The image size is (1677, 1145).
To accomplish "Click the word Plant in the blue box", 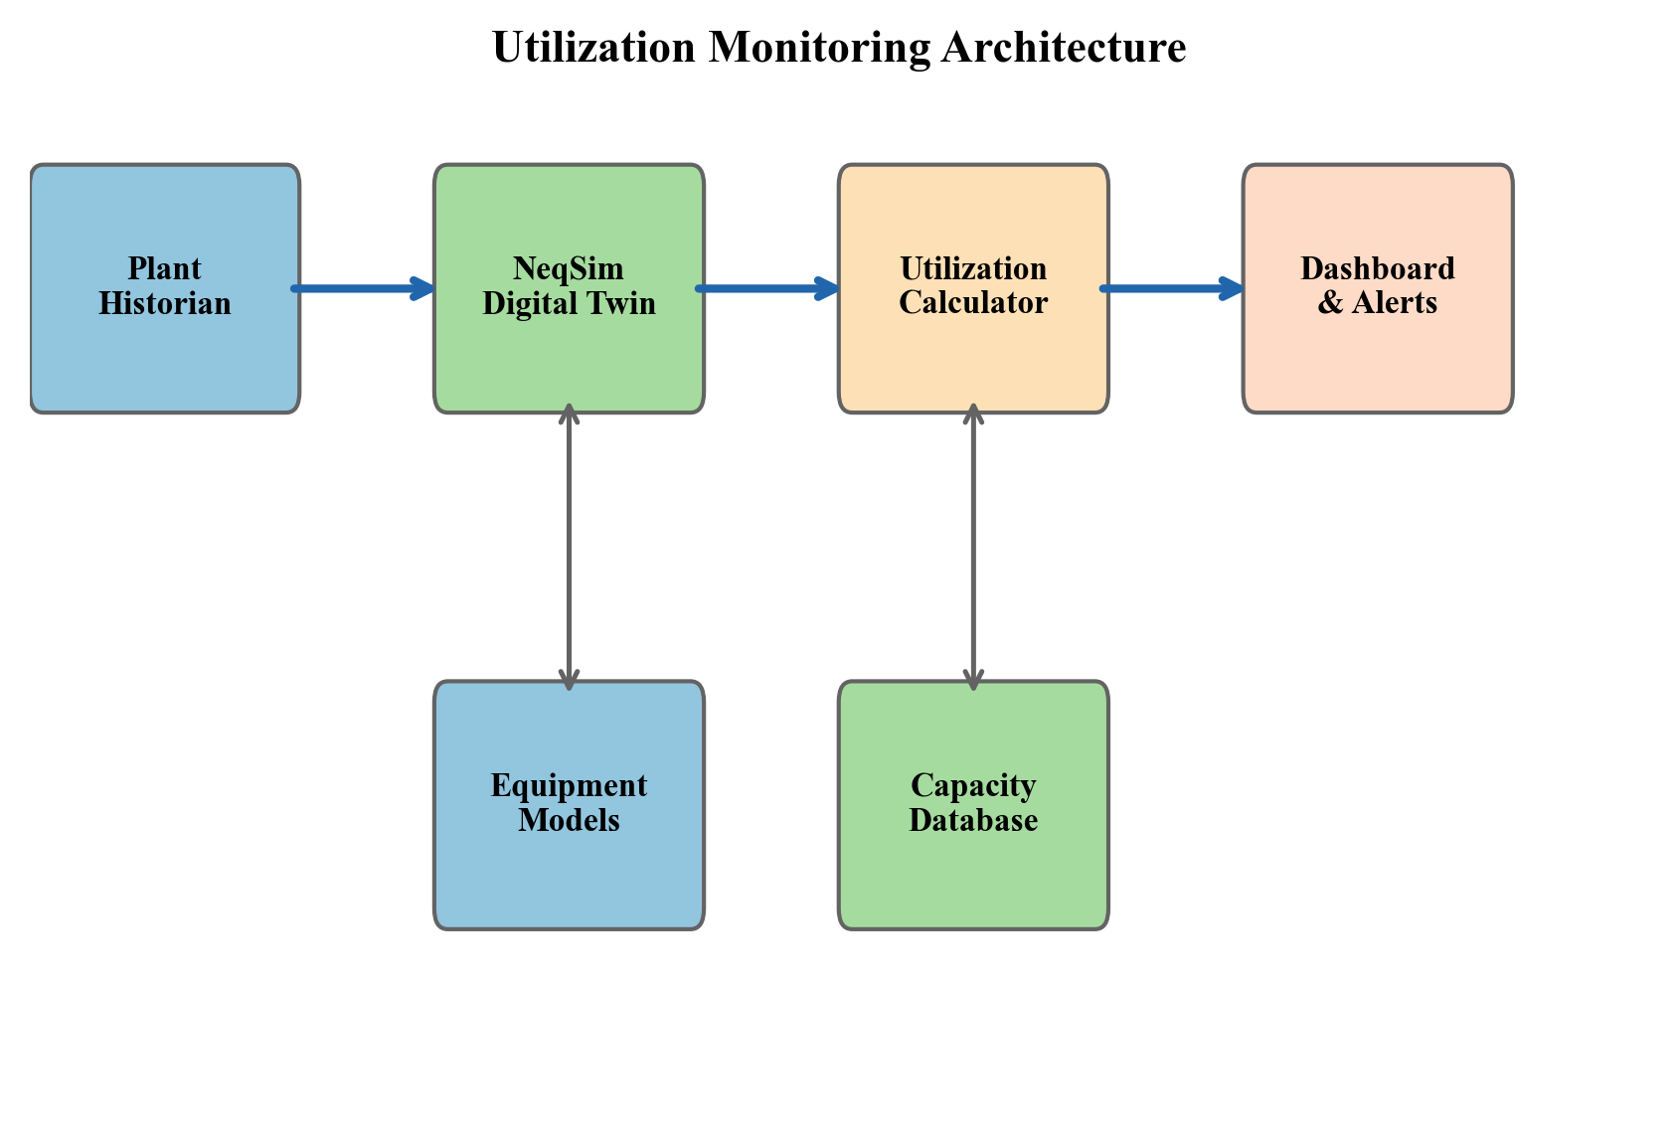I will coord(164,269).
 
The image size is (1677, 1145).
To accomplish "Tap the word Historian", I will coord(164,303).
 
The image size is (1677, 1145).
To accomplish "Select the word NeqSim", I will coord(568,269).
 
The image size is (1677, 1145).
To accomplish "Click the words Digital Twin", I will coord(569,303).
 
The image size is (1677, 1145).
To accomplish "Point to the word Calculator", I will coord(972,303).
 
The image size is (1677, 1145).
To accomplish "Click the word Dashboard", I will coord(1377,269).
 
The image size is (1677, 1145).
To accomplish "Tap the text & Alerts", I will coord(1377,303).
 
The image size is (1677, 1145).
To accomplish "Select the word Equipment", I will coord(569,786).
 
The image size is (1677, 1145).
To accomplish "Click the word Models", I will coord(569,821).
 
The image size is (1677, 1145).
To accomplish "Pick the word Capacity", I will coord(972,786).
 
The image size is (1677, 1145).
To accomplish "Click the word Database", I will coord(972,821).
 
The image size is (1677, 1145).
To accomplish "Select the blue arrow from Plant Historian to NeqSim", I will coord(363,289).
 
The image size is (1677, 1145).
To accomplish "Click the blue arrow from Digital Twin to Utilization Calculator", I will coord(767,289).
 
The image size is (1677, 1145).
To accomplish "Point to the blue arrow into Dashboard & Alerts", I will coord(1171,289).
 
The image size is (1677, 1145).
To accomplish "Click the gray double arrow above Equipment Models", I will coord(569,547).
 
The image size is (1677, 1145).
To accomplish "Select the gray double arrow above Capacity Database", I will coord(973,547).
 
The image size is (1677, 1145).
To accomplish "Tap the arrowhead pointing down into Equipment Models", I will coord(569,680).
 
